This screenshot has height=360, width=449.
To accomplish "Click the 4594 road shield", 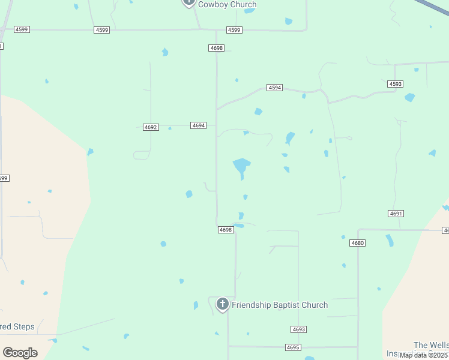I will [x=274, y=88].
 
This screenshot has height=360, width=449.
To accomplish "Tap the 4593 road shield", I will [x=396, y=84].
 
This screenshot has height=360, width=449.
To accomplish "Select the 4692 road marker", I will [x=151, y=127].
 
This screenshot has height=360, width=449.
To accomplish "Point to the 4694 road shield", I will [x=199, y=125].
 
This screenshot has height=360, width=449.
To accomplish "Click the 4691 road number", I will [x=396, y=214].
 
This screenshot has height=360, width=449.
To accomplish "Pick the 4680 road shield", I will [x=357, y=243].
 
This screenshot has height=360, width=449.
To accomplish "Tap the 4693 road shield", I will [x=299, y=329].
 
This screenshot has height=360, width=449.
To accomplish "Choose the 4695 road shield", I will [x=293, y=347].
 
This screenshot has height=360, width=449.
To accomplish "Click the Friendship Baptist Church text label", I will [x=280, y=305].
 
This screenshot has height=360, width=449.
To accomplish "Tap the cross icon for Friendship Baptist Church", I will [x=222, y=304].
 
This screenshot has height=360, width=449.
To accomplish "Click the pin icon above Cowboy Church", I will [x=188, y=2].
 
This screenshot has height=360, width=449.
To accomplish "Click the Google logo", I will [x=20, y=353].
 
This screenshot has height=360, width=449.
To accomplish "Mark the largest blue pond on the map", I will [x=241, y=165].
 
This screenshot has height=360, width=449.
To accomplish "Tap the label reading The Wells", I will [x=430, y=345].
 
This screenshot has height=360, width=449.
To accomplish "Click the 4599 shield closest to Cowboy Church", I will [x=234, y=30].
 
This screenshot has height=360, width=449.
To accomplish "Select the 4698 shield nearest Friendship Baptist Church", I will [x=225, y=230].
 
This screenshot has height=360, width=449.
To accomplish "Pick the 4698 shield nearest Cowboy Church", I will [x=216, y=47].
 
